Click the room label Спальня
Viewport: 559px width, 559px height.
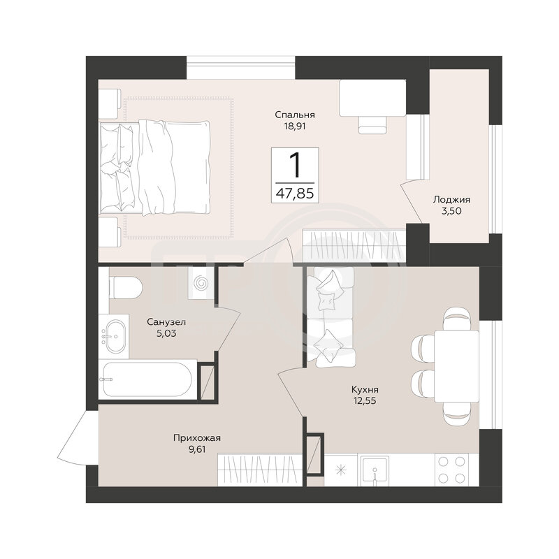pos(294,115)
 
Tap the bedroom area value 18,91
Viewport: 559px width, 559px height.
pos(295,126)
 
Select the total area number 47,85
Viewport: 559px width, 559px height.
pos(295,194)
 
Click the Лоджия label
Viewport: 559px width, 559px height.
pos(451,200)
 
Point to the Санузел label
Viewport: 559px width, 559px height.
pos(166,322)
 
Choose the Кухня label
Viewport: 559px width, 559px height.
pos(365,389)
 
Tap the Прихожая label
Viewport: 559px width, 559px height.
pos(197,438)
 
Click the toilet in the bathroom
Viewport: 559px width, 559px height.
pos(126,287)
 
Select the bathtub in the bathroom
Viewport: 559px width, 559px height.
pos(147,379)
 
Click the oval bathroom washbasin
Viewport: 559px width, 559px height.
pos(114,336)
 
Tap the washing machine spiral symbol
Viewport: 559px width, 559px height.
pos(201,284)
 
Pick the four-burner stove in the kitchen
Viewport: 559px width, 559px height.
pos(451,470)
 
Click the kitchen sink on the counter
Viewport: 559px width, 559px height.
pos(375,470)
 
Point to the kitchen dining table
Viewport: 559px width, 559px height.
pos(456,365)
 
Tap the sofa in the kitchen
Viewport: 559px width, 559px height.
pos(330,317)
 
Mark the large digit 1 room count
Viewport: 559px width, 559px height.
pos(295,165)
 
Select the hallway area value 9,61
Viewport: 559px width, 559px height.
pos(197,449)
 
